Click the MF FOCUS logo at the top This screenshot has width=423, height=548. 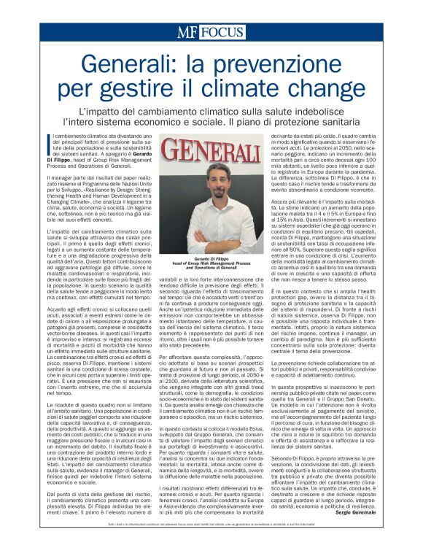(211, 33)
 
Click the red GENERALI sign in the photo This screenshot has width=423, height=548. (211, 155)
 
